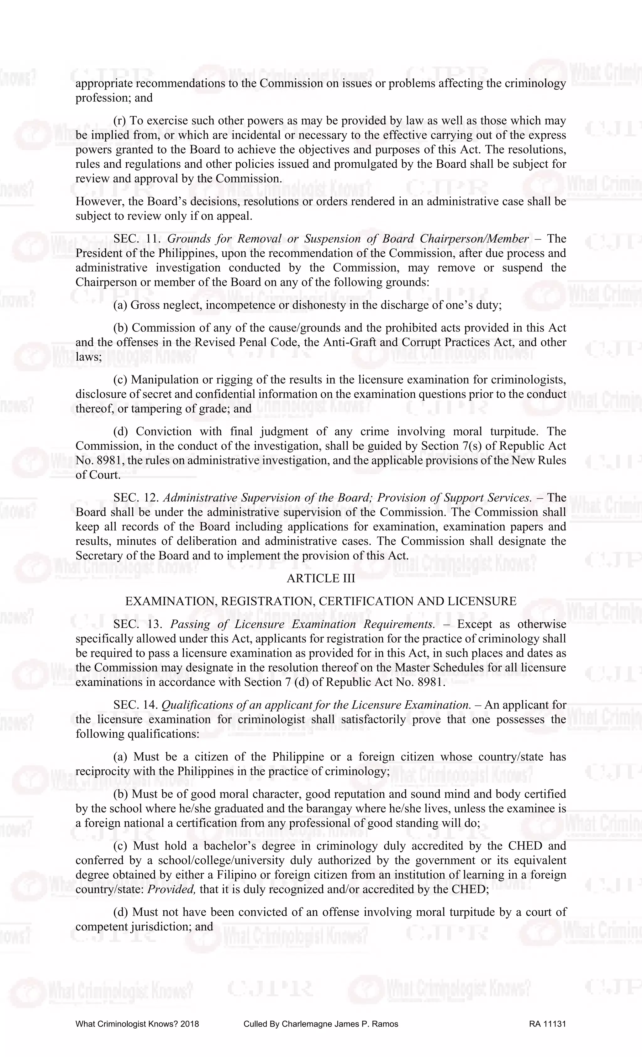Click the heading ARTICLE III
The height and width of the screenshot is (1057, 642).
pos(321,579)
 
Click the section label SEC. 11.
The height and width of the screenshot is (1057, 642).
pos(136,239)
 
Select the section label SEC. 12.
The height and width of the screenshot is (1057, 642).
pos(136,498)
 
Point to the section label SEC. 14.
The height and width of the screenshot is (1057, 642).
pos(136,705)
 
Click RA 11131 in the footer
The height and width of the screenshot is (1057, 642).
pos(548,1024)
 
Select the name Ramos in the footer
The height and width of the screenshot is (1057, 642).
pos(385,1024)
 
